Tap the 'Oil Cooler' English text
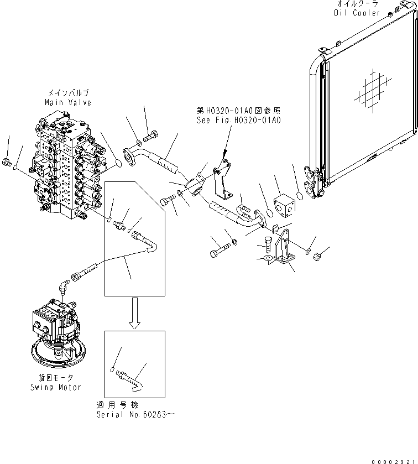tap(358, 13)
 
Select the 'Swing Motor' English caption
tap(56, 387)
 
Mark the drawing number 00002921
tap(394, 458)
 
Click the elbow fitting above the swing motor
tap(65, 287)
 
